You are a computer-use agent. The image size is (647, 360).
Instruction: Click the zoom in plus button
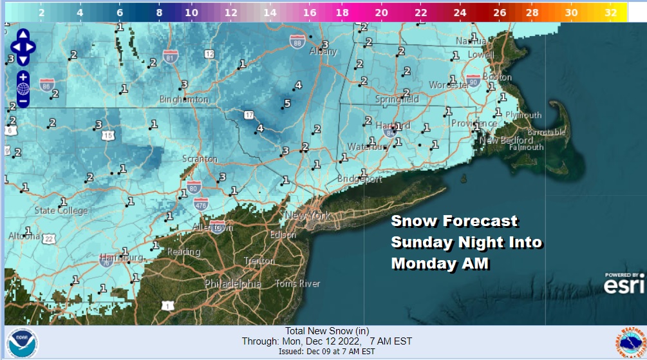coord(23,77)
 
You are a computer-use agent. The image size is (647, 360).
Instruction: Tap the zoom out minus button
coord(23,101)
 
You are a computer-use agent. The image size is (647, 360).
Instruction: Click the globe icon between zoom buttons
coord(23,89)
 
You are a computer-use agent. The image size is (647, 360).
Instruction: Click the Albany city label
coord(323,52)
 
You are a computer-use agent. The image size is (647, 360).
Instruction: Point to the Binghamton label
coord(184,100)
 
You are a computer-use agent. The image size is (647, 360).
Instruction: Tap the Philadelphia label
coord(233,283)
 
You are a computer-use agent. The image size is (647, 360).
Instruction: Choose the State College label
coord(61,211)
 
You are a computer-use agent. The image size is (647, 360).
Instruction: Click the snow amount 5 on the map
coord(287,104)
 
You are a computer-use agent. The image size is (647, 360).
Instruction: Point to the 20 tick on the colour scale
coord(381,12)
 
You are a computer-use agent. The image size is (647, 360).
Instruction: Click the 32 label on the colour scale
coord(611,12)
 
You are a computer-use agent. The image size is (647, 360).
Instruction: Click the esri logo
coord(623,284)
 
